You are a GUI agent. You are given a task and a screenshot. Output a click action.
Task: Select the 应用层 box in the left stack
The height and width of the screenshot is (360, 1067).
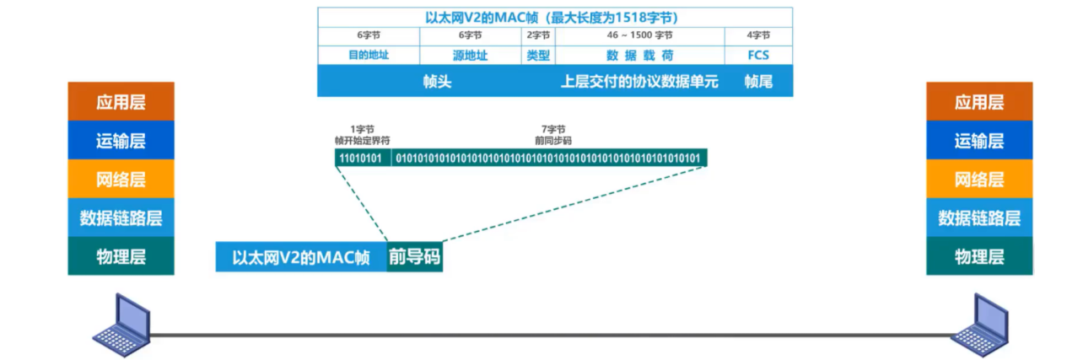point(121,102)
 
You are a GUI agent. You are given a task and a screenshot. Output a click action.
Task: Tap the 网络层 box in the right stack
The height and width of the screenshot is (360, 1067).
point(978,180)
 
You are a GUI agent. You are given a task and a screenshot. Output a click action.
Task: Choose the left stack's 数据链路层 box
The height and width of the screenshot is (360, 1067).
point(121,218)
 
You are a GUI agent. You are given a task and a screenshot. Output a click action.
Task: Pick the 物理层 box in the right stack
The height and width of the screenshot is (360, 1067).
point(978,256)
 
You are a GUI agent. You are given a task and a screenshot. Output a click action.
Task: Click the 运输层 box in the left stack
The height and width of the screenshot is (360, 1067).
point(121,141)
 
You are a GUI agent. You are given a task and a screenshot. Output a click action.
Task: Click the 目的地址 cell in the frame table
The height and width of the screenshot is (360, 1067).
point(369,55)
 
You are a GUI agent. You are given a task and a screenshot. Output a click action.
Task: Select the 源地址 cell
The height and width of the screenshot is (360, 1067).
point(470,55)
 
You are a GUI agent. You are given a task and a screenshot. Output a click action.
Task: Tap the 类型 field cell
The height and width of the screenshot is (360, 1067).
point(538,55)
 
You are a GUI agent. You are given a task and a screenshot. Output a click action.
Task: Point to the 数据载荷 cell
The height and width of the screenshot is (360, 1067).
point(639,55)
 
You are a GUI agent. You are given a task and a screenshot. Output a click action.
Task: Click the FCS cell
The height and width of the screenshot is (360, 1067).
point(757,55)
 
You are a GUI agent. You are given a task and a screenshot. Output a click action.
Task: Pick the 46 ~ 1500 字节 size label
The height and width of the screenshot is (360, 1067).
point(639,35)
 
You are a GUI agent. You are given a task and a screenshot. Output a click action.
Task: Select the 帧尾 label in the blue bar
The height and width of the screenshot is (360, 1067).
point(758,83)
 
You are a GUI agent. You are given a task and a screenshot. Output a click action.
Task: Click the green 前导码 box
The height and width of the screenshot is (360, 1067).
point(414,257)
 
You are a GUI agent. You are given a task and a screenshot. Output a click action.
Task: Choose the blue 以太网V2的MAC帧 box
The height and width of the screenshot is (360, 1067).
point(301,257)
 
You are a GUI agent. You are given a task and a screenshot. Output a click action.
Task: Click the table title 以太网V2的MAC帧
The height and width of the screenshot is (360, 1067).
point(554,17)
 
